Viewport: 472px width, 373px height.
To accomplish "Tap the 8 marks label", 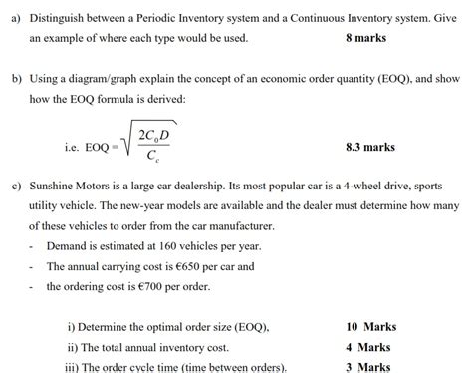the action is tap(365, 39).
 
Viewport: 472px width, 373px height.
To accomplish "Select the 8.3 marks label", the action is tap(369, 147).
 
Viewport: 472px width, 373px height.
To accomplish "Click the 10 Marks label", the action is tap(370, 327).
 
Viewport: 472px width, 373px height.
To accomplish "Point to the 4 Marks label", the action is tap(367, 347).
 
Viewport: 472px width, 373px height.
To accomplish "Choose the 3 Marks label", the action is tap(367, 366).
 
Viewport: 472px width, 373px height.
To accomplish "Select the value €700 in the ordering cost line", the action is tap(144, 286).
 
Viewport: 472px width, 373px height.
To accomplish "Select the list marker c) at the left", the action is tap(14, 186).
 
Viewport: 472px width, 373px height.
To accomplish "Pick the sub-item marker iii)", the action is tap(74, 366).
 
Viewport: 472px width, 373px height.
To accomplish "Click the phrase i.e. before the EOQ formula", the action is tap(69, 147).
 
